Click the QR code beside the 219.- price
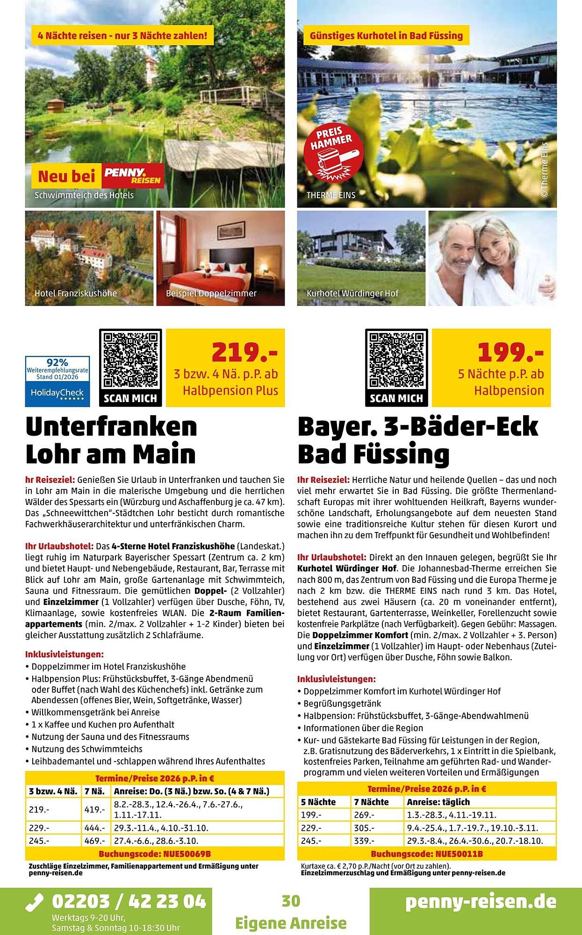click(130, 360)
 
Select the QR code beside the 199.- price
click(396, 360)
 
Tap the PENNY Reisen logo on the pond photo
click(133, 176)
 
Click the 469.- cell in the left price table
click(94, 841)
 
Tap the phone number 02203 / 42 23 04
click(129, 900)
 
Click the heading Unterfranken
click(111, 426)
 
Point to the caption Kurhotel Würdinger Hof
click(352, 294)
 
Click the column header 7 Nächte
click(372, 802)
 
